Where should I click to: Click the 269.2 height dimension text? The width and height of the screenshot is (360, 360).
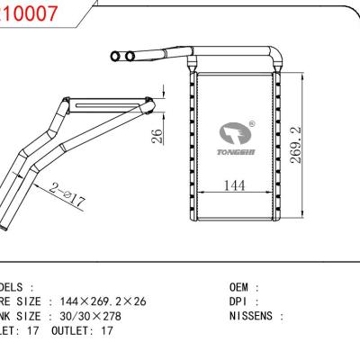(308, 144)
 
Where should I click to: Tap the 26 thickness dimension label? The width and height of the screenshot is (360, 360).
(157, 137)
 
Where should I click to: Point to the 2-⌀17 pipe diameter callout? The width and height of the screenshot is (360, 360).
(67, 193)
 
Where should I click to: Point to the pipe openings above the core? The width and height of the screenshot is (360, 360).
(121, 57)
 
